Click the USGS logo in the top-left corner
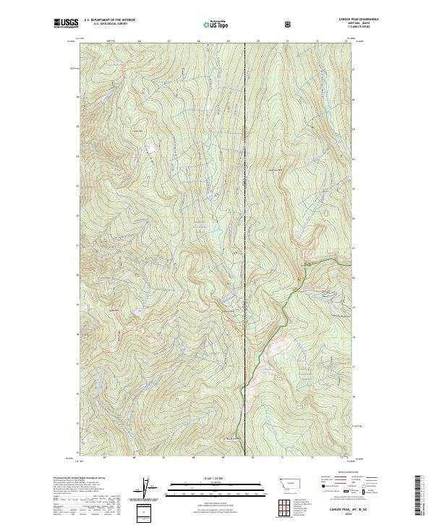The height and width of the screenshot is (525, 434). tap(67, 24)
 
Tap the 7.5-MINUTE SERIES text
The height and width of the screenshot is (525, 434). tap(334, 28)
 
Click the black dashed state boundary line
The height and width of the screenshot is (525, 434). tap(244, 217)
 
